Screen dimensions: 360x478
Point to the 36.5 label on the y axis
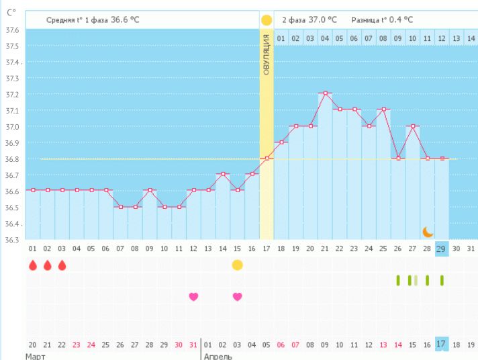click(12, 208)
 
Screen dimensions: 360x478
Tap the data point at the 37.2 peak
click(325, 93)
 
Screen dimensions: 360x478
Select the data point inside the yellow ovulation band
click(267, 159)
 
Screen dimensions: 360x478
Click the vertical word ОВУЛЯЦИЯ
click(267, 54)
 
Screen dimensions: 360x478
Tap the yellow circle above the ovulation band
click(267, 20)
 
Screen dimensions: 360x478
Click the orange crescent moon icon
click(428, 232)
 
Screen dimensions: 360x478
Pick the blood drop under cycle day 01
click(33, 265)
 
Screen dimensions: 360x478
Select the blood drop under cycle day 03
click(62, 265)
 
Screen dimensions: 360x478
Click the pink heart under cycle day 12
click(193, 296)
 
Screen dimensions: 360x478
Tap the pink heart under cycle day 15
click(237, 296)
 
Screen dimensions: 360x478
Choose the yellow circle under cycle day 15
click(237, 265)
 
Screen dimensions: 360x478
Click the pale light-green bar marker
click(416, 280)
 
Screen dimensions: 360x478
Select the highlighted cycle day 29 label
click(441, 249)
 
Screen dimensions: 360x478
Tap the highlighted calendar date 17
click(441, 344)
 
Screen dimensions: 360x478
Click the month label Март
click(35, 356)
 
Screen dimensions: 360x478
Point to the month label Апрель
click(218, 356)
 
